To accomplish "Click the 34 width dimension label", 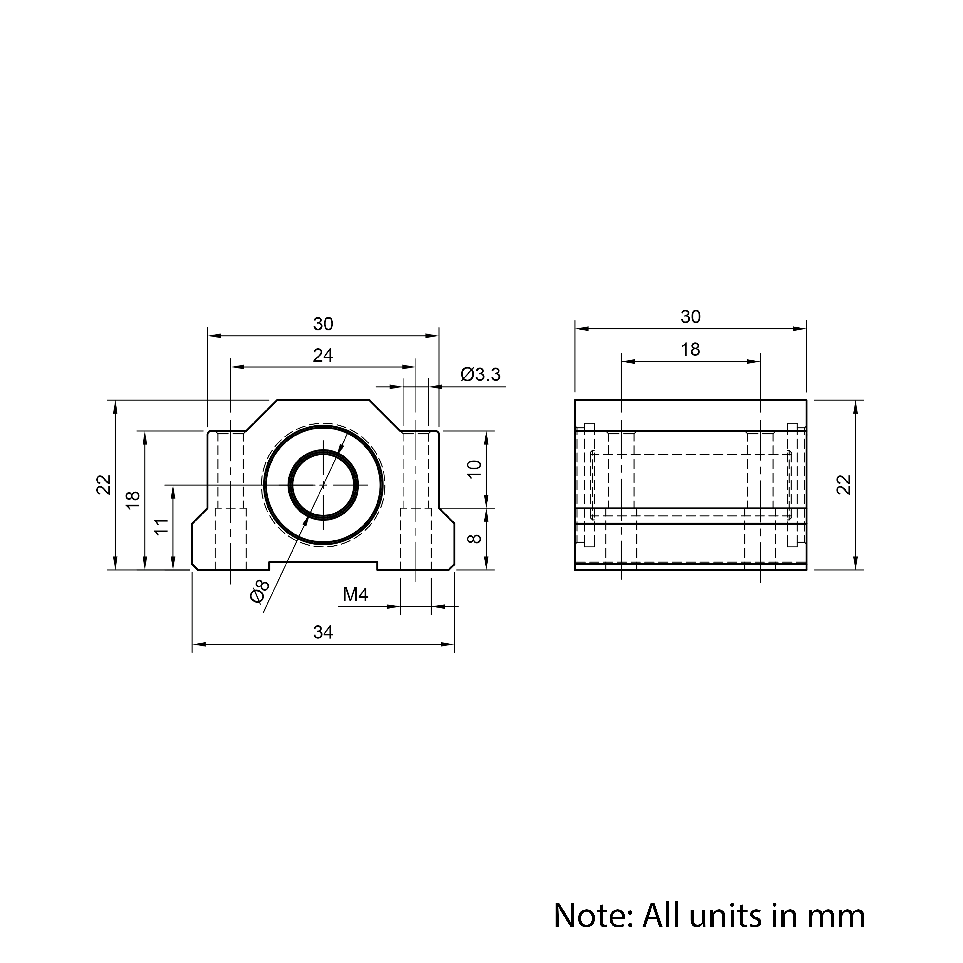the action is [323, 632].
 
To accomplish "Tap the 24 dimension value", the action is [323, 355].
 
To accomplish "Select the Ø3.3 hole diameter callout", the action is [481, 374].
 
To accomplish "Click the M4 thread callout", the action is [355, 595].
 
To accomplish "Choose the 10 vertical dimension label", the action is [475, 469].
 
